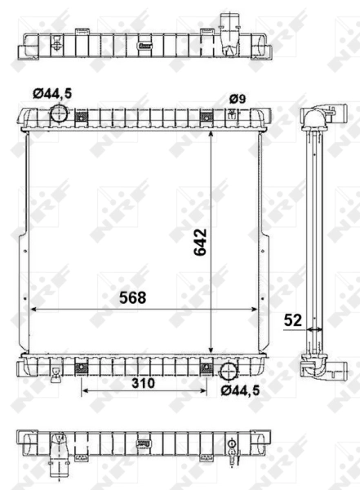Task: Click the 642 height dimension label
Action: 201,243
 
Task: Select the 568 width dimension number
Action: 133,298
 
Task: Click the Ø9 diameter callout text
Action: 238,99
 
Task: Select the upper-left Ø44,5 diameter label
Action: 52,93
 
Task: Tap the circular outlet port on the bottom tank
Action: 229,372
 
